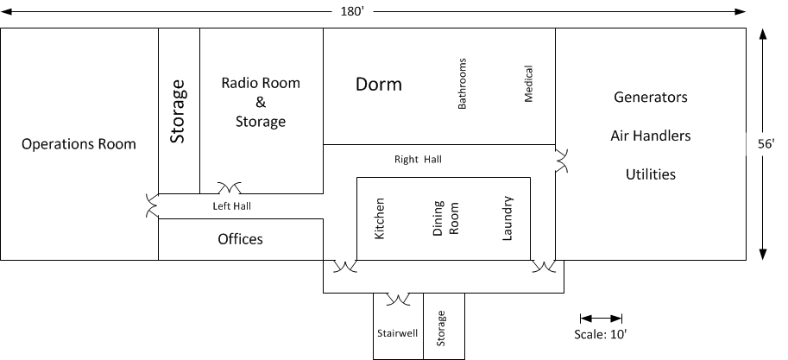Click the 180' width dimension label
352,11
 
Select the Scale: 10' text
601,334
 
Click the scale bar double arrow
601,319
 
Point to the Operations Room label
79,144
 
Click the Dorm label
378,84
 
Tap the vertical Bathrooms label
462,84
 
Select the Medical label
528,84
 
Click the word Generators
650,97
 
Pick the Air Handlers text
650,136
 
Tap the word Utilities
650,174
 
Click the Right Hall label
418,160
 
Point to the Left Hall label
231,205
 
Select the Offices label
240,239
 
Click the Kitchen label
380,218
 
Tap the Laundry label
507,218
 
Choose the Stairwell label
398,333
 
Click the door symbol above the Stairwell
399,299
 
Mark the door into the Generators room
561,161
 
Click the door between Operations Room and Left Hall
152,205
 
